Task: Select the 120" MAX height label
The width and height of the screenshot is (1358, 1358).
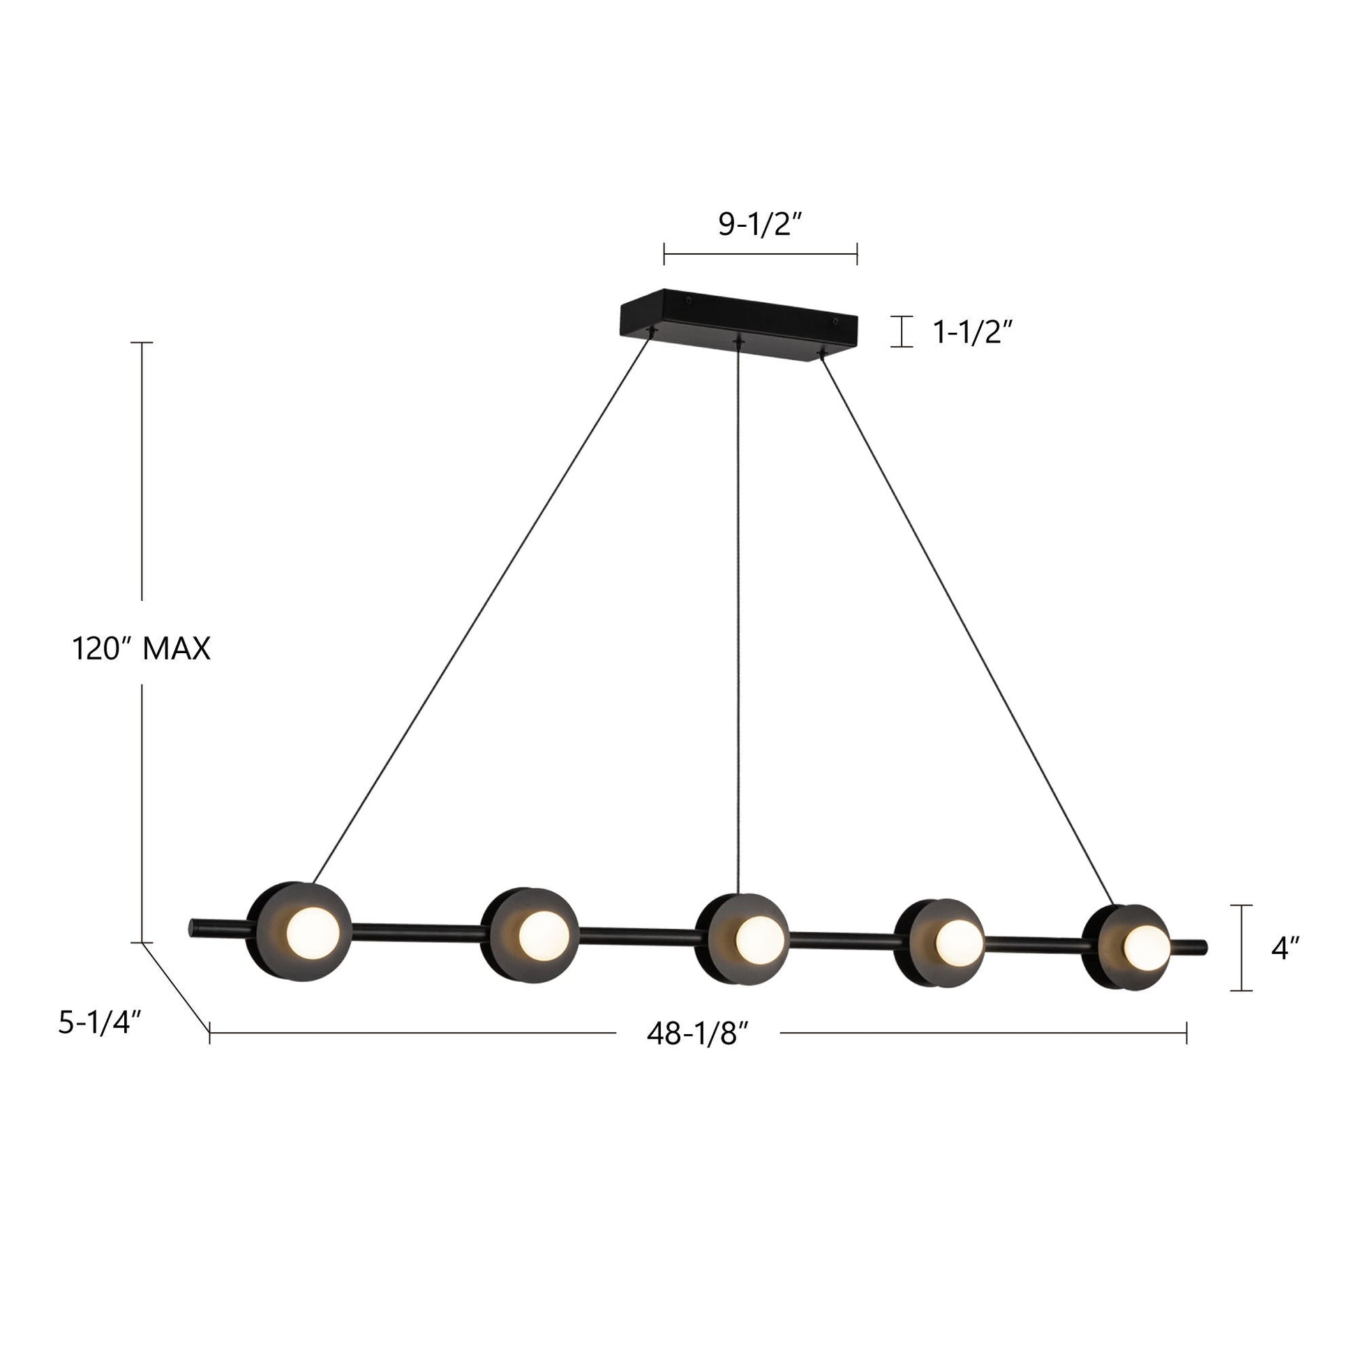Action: click(141, 648)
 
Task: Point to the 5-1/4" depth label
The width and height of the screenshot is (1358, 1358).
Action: click(100, 1023)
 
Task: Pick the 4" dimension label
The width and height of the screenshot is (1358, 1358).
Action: click(1285, 948)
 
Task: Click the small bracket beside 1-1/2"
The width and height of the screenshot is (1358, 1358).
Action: click(901, 331)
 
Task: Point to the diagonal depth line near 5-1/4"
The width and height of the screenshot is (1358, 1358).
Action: click(176, 987)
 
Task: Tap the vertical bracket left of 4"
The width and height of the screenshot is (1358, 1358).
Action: click(1241, 948)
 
